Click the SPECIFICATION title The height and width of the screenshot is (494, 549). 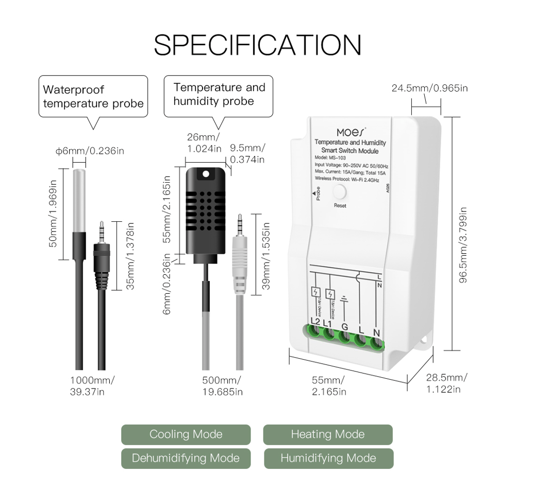click(x=257, y=45)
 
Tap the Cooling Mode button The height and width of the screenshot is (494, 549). click(x=186, y=434)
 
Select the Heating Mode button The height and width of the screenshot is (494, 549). click(x=327, y=434)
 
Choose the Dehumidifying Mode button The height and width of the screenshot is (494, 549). click(x=186, y=458)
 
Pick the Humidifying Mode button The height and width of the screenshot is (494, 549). click(x=328, y=458)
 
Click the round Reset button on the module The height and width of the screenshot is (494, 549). click(x=340, y=192)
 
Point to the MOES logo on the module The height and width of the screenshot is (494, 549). click(x=351, y=132)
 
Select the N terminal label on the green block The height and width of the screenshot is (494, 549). click(x=377, y=332)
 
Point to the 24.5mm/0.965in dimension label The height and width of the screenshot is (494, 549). click(x=429, y=88)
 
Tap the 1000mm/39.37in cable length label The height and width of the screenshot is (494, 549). click(x=92, y=386)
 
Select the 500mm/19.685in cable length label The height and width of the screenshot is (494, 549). click(x=221, y=386)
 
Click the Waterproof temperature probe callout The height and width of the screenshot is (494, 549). click(x=93, y=97)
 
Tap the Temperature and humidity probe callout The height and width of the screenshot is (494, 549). click(x=219, y=95)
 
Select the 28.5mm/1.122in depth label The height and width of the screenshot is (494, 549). click(x=446, y=383)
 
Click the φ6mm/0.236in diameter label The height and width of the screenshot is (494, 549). click(x=90, y=151)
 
